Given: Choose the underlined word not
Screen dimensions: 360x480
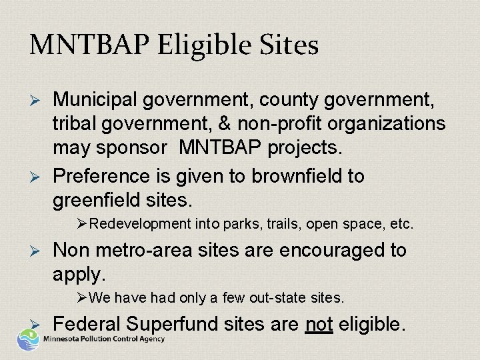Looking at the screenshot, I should (x=319, y=324).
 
